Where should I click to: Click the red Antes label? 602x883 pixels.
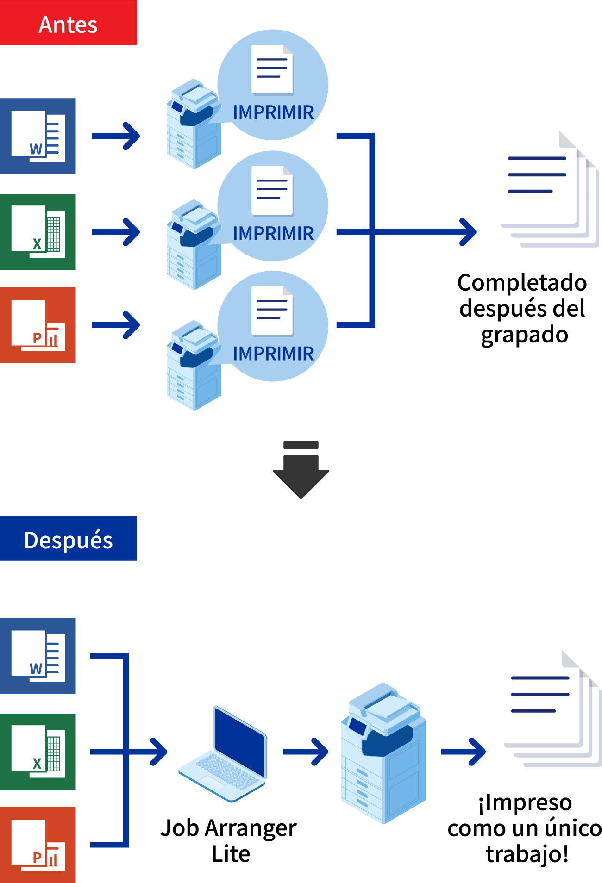click(68, 23)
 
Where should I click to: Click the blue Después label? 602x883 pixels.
click(68, 539)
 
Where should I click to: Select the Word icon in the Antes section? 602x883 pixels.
click(38, 136)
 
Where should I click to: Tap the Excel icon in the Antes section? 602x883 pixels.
click(38, 232)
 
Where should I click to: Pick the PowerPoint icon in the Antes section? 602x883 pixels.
click(38, 325)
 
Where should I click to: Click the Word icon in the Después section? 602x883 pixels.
click(38, 656)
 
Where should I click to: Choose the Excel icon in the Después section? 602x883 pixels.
click(38, 752)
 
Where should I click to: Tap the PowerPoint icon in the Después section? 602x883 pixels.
click(38, 845)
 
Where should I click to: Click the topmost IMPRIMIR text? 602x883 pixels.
click(273, 112)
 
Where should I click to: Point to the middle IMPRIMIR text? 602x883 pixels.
click(273, 234)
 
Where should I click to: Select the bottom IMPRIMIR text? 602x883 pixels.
click(273, 354)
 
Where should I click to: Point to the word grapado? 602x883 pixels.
click(524, 335)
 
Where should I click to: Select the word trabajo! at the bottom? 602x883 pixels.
click(527, 854)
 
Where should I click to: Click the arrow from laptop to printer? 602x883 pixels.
click(306, 752)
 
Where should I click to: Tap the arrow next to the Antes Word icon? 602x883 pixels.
click(116, 136)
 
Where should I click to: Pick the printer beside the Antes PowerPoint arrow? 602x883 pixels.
click(194, 366)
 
